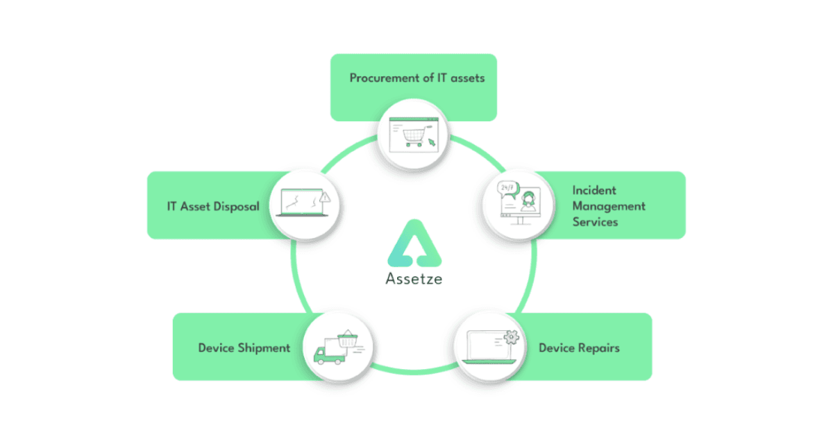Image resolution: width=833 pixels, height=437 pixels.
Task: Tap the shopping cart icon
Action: [415, 136]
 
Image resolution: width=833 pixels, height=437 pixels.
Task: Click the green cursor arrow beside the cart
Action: [432, 143]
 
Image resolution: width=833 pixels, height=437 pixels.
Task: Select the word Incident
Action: [594, 190]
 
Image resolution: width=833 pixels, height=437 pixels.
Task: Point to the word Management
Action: [609, 206]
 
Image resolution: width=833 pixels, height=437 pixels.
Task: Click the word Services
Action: [595, 222]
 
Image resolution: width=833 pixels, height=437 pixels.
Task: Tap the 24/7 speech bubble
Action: [508, 189]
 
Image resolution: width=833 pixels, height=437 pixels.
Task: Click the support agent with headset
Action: [528, 201]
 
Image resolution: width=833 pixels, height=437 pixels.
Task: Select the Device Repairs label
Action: [579, 348]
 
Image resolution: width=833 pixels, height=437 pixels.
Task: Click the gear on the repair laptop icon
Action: [512, 337]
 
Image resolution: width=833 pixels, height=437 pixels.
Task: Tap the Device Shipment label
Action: [244, 348]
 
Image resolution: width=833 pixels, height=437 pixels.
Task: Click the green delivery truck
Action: [330, 351]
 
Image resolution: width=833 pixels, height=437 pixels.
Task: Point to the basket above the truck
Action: [348, 339]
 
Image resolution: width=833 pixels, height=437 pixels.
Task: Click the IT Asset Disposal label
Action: [213, 206]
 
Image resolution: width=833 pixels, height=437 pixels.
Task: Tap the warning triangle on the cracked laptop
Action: [325, 196]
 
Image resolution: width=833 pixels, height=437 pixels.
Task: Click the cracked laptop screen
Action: [301, 202]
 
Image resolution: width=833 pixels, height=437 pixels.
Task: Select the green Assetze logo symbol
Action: [414, 243]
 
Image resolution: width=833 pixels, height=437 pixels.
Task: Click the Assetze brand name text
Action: [414, 279]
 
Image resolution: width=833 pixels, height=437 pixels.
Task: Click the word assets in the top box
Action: [467, 78]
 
